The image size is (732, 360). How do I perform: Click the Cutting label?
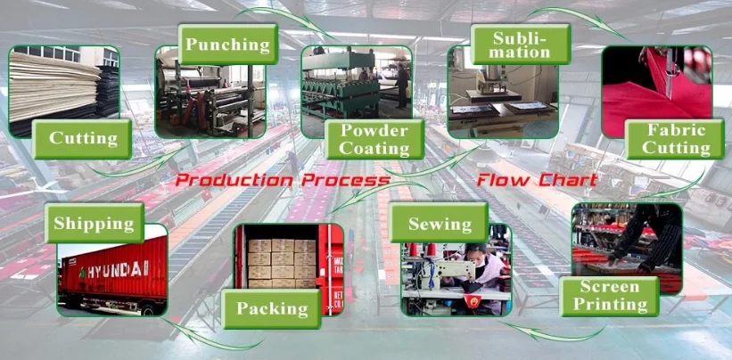click(x=83, y=138)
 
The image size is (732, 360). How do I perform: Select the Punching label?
click(x=227, y=44)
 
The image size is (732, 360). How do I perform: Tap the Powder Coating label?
click(x=374, y=139)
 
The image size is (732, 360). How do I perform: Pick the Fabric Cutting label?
click(x=675, y=139)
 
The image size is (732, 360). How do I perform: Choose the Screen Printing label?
click(x=610, y=296)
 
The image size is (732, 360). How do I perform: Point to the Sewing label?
click(x=440, y=222)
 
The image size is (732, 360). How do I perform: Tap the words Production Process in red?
click(x=282, y=181)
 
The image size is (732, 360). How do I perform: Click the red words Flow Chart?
click(x=536, y=181)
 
